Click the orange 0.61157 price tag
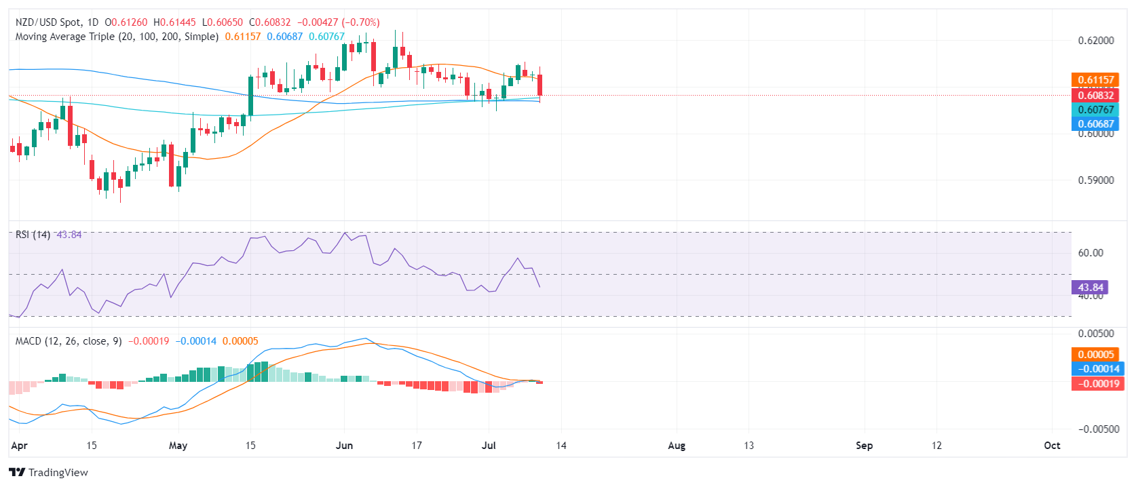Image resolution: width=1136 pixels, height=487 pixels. coord(1095,80)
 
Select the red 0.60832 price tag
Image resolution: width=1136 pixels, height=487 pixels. coord(1095,95)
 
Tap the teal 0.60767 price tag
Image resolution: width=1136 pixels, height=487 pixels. coord(1095,110)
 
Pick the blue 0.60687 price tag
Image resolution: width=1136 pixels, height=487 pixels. coord(1095,124)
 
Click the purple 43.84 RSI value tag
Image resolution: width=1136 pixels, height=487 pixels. coord(1090,288)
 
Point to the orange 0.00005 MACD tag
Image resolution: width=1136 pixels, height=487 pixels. coord(1097,355)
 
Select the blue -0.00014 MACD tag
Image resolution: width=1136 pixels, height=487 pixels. coord(1097,369)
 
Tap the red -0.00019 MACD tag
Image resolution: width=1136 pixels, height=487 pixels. coord(1097,384)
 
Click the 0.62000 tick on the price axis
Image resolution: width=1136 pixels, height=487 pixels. coord(1096,41)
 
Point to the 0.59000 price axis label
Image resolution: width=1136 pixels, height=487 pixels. coord(1096,180)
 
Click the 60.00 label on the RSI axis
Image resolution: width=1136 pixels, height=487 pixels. coord(1091,253)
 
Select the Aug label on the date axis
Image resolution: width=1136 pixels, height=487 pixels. coord(677,446)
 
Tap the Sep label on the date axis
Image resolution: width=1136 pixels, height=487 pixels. coord(864,446)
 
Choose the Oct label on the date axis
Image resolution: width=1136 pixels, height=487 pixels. coord(1052,446)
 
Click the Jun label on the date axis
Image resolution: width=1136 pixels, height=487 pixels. coord(345,446)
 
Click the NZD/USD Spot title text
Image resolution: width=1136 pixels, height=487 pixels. coord(48,22)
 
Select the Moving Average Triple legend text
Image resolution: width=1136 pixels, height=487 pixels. coord(117,37)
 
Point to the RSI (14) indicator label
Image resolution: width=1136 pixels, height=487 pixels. coord(33,235)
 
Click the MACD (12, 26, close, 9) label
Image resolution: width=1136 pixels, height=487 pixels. coord(69,341)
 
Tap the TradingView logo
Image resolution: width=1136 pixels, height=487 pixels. coord(49,473)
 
